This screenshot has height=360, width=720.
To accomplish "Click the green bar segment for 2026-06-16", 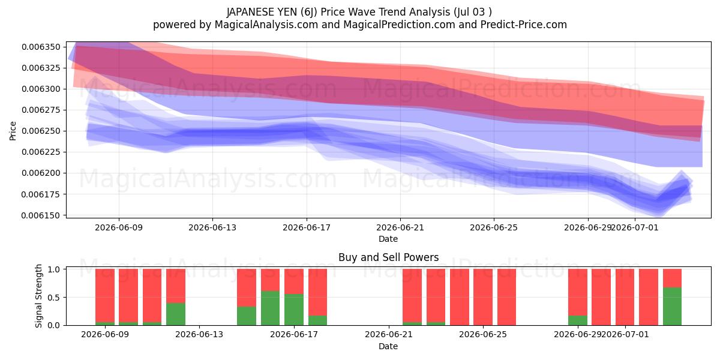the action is pyautogui.click(x=271, y=308).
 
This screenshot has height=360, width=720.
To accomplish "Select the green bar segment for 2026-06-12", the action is pyautogui.click(x=175, y=314).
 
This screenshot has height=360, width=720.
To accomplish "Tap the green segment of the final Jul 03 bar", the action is pyautogui.click(x=672, y=307).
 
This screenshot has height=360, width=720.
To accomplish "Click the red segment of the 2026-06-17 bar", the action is pyautogui.click(x=294, y=281).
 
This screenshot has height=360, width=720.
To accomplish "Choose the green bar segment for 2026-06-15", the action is pyautogui.click(x=247, y=316).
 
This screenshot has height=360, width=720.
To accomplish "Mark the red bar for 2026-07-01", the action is pyautogui.click(x=625, y=297).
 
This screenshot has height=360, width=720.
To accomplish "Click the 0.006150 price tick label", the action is pyautogui.click(x=41, y=215).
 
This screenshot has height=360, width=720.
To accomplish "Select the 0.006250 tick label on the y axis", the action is pyautogui.click(x=41, y=131).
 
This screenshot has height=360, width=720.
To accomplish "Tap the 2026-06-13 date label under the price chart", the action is pyautogui.click(x=212, y=227).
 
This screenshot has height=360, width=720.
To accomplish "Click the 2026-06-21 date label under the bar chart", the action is pyautogui.click(x=389, y=334).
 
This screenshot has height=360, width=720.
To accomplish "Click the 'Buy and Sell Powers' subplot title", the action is pyautogui.click(x=389, y=257).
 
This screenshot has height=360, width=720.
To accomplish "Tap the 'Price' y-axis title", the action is pyautogui.click(x=13, y=131).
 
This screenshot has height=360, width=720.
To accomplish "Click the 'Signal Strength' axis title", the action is pyautogui.click(x=38, y=296).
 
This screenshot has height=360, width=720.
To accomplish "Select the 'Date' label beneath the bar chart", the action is pyautogui.click(x=388, y=346).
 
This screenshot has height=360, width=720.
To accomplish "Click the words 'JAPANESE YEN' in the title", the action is pyautogui.click(x=262, y=12).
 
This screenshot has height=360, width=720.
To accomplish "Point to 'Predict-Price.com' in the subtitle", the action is pyautogui.click(x=524, y=25).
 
